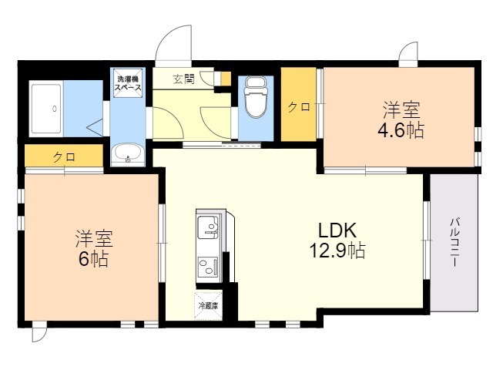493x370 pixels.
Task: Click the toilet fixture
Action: pyautogui.click(x=256, y=96)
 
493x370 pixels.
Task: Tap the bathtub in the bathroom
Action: pyautogui.click(x=46, y=109)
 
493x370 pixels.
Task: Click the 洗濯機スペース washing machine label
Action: pyautogui.click(x=128, y=83)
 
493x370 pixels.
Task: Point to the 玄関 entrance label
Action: pyautogui.click(x=183, y=79)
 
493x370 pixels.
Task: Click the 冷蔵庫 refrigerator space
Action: pyautogui.click(x=209, y=306)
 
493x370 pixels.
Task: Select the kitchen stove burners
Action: pyautogui.click(x=208, y=267)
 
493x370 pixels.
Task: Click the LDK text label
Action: pyautogui.click(x=337, y=230)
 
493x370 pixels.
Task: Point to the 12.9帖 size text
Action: pyautogui.click(x=337, y=251)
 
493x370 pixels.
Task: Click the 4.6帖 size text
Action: pyautogui.click(x=401, y=130)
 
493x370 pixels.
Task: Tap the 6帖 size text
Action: pyautogui.click(x=93, y=259)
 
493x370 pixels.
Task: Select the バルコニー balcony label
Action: pyautogui.click(x=454, y=242)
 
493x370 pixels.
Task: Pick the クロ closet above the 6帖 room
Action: pyautogui.click(x=64, y=156)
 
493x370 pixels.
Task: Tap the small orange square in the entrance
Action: pyautogui.click(x=225, y=79)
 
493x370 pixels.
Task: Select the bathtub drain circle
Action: pyautogui.click(x=55, y=109)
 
